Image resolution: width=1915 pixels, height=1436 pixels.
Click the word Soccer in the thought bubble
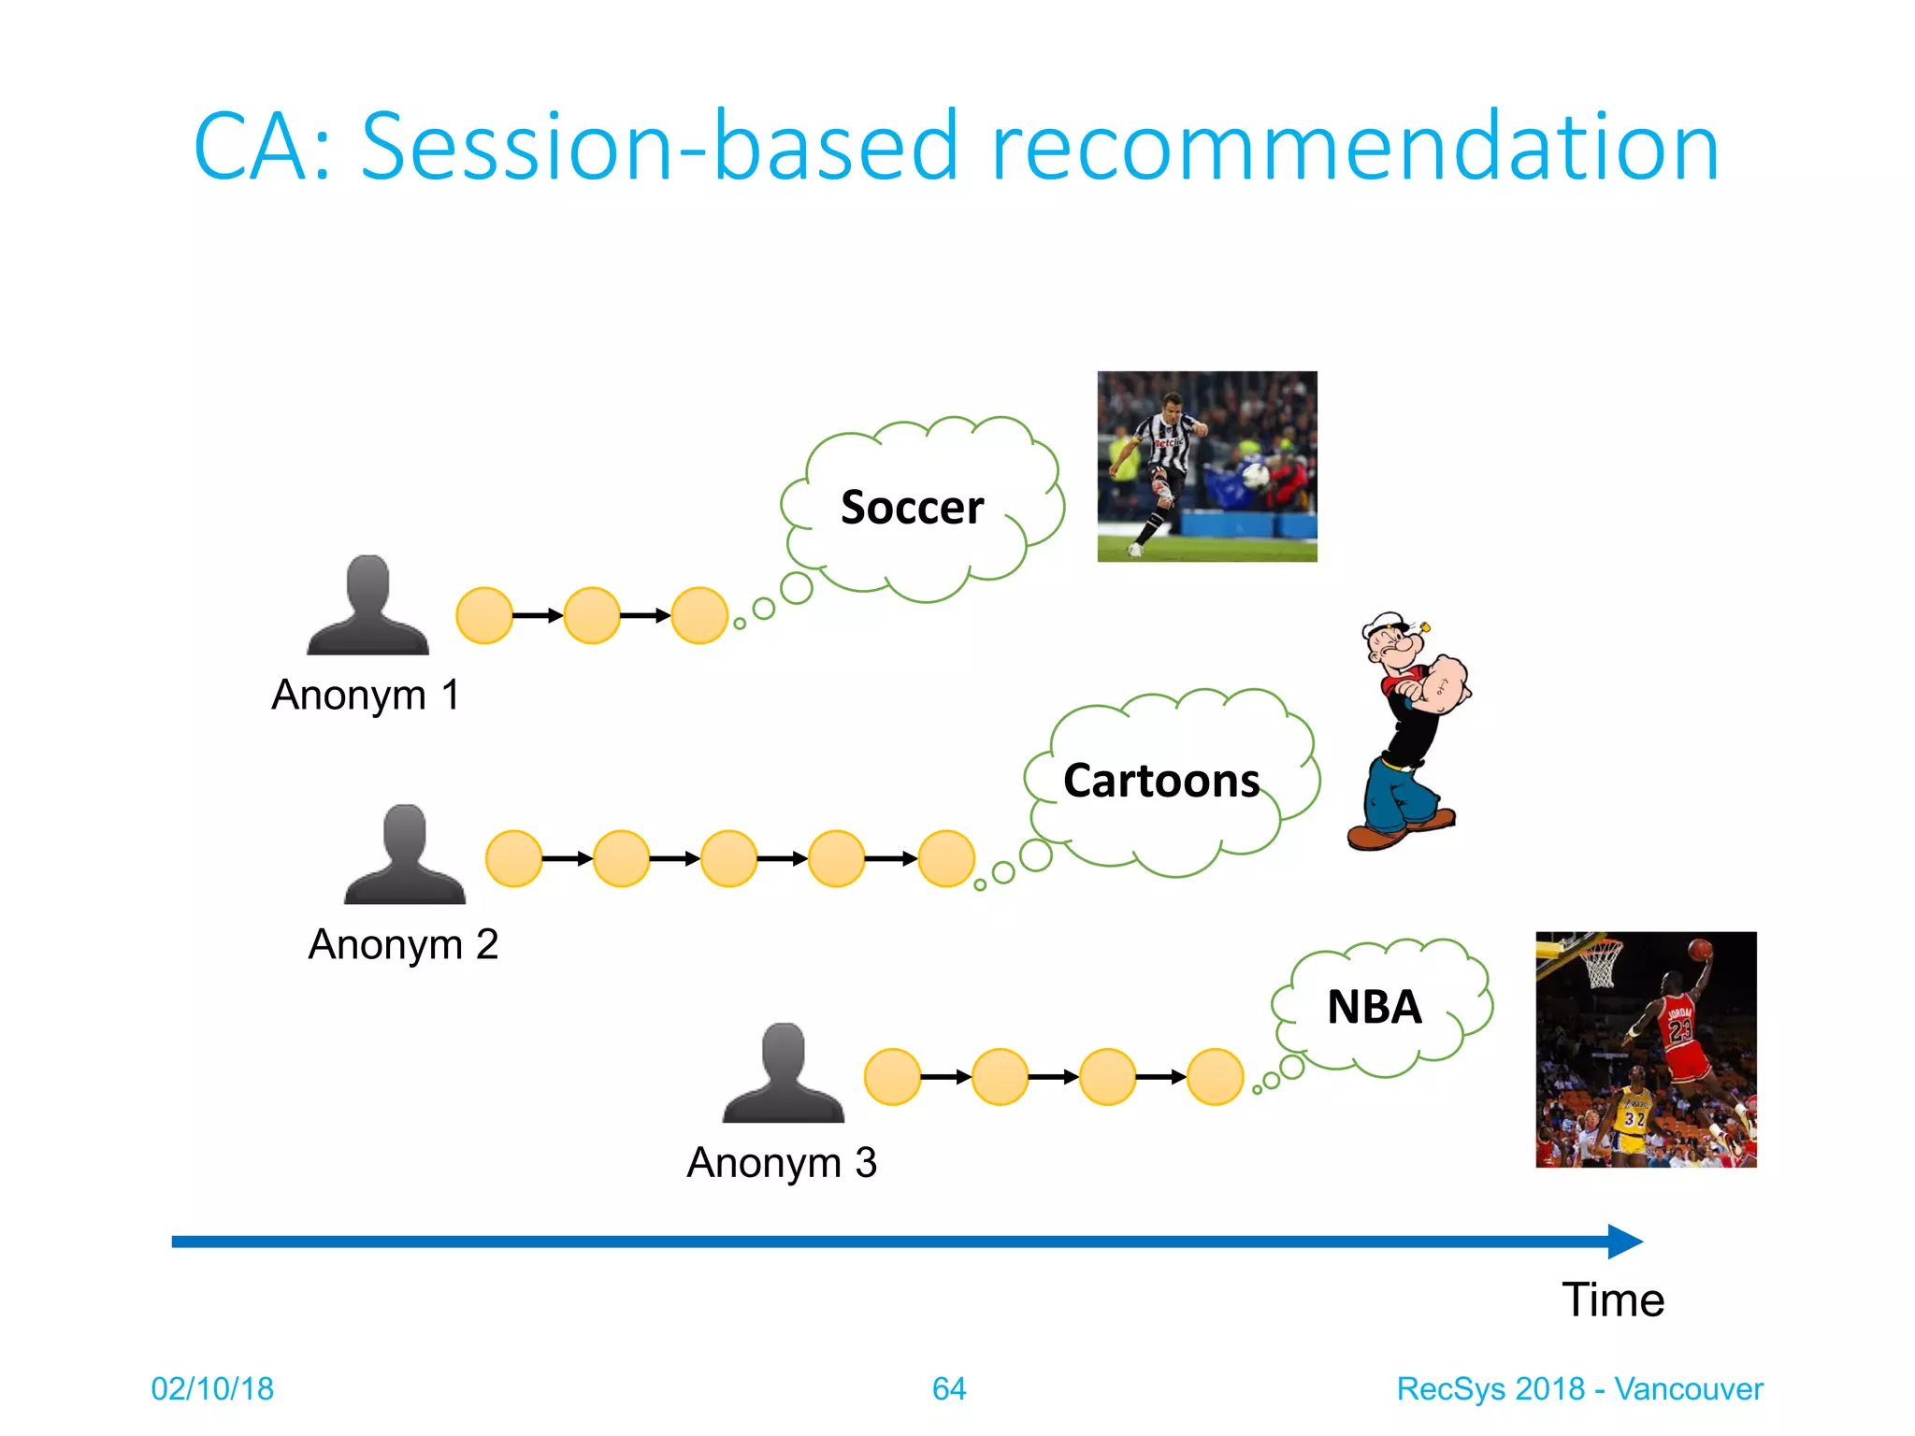pyautogui.click(x=912, y=508)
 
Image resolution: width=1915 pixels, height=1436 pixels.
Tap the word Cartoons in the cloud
pyautogui.click(x=1160, y=781)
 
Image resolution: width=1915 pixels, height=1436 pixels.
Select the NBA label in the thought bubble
pyautogui.click(x=1374, y=1008)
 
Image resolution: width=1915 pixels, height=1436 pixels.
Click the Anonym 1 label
pyautogui.click(x=366, y=696)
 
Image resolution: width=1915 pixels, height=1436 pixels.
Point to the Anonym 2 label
pyautogui.click(x=403, y=945)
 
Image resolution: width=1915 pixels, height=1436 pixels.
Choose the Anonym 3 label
pyautogui.click(x=782, y=1163)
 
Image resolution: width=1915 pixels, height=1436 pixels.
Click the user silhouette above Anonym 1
pyautogui.click(x=367, y=606)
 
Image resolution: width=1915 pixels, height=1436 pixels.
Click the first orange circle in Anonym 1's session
pyautogui.click(x=484, y=615)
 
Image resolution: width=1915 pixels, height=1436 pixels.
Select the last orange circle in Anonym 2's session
pyautogui.click(x=946, y=858)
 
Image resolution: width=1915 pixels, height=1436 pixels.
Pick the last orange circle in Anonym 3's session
pyautogui.click(x=1215, y=1077)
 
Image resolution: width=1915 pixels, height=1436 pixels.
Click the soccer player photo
pyautogui.click(x=1206, y=467)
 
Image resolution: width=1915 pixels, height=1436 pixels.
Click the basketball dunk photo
pyautogui.click(x=1646, y=1049)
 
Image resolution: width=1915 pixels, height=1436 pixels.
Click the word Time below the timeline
pyautogui.click(x=1613, y=1300)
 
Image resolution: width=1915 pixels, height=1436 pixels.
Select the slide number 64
pyautogui.click(x=949, y=1389)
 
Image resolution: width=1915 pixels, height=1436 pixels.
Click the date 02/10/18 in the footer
pyautogui.click(x=212, y=1389)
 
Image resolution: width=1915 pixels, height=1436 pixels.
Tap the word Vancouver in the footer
pyautogui.click(x=1689, y=1389)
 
